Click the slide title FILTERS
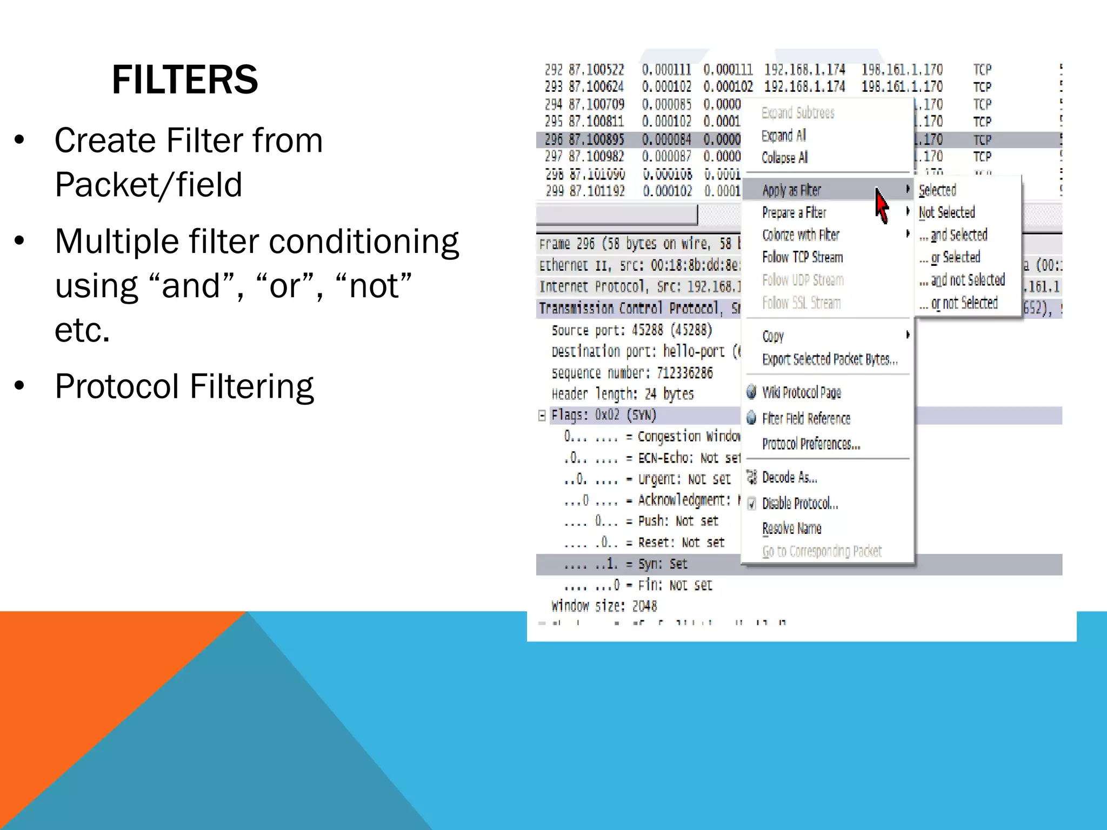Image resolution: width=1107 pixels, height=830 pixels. click(185, 80)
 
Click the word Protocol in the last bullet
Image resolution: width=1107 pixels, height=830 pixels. click(117, 387)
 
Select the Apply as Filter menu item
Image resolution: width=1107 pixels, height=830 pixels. click(791, 190)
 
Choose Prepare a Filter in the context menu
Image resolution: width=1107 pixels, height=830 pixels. click(794, 213)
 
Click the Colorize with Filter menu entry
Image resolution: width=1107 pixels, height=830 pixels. click(801, 235)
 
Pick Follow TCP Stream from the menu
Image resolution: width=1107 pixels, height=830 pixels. click(802, 258)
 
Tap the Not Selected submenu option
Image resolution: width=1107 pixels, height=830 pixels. click(946, 213)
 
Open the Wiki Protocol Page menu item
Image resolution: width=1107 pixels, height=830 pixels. click(801, 393)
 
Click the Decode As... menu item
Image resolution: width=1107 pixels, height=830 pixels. click(789, 478)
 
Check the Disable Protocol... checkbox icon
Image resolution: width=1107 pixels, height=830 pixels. click(752, 504)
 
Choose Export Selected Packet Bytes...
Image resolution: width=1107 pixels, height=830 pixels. click(830, 360)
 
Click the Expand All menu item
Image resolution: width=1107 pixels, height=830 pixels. click(783, 136)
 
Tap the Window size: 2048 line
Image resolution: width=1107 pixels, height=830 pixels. click(604, 606)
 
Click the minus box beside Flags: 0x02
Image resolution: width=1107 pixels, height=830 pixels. click(542, 415)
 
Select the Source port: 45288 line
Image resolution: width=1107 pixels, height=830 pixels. click(631, 330)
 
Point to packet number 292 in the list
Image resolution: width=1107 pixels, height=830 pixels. click(553, 70)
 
